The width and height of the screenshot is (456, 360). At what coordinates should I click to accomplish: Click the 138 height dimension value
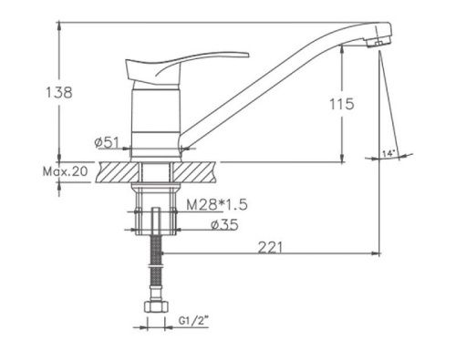point(59,92)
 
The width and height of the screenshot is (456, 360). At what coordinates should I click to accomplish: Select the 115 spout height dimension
point(342,104)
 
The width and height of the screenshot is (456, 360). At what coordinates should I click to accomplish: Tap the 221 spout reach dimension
point(270,247)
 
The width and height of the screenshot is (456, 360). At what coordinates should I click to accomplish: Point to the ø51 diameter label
point(107,142)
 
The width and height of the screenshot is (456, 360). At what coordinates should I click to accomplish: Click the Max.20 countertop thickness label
point(65,171)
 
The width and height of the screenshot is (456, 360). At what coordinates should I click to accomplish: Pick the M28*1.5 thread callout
point(217,205)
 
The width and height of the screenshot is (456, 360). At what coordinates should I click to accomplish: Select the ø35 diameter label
point(225,224)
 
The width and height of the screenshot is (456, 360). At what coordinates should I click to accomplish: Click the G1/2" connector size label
point(193,320)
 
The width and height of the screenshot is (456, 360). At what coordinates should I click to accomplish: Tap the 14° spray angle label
point(389,153)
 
